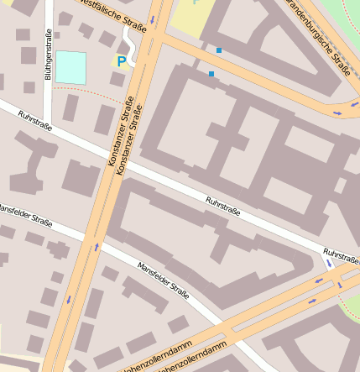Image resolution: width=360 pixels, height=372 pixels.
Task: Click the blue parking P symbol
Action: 122,61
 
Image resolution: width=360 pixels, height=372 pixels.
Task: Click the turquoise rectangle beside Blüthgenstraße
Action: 70,67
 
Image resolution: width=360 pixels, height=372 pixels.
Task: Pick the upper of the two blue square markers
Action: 219,50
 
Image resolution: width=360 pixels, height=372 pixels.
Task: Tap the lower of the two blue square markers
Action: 211,74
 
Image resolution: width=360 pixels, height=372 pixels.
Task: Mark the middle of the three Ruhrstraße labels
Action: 223,206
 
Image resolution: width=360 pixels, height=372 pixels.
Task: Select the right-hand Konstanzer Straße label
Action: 132,139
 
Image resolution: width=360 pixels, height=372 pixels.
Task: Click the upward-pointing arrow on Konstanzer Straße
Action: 97,247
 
